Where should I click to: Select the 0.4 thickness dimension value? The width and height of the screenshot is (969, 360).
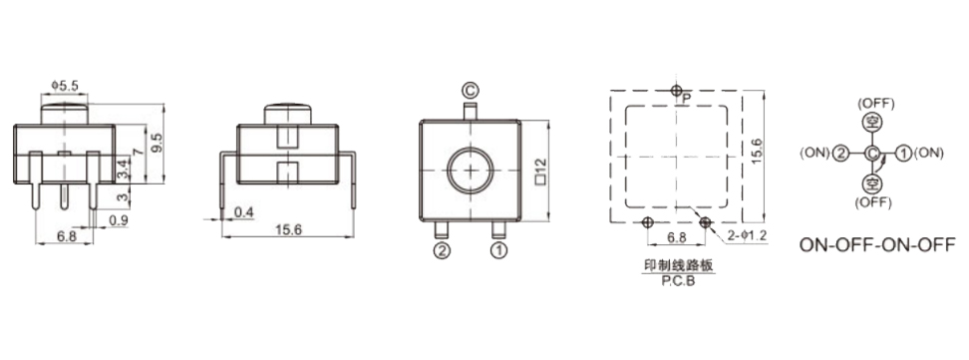(244, 212)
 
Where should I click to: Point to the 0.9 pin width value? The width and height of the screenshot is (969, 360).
(119, 219)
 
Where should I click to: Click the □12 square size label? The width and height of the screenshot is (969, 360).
(540, 172)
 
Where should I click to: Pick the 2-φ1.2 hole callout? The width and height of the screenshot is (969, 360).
(747, 235)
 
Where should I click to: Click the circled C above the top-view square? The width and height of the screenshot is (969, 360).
(471, 91)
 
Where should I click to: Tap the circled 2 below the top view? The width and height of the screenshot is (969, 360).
(442, 251)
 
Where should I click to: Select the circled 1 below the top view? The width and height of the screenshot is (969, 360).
(498, 251)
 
